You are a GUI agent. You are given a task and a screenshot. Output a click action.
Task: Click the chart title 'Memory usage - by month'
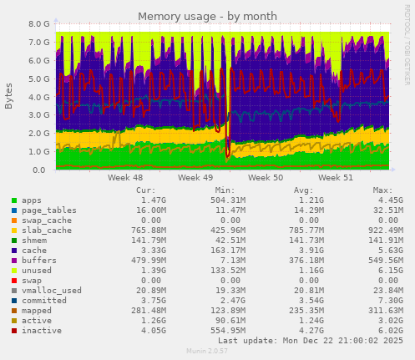pos(206,16)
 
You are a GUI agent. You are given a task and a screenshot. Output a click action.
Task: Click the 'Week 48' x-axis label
pos(124,178)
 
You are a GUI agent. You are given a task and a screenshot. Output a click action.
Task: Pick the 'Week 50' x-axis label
pos(266,178)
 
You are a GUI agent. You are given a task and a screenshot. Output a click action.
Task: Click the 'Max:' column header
pos(382,191)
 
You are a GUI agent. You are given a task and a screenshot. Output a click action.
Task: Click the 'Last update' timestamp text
pos(309,341)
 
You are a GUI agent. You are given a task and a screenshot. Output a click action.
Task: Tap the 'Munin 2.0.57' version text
pos(207,352)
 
